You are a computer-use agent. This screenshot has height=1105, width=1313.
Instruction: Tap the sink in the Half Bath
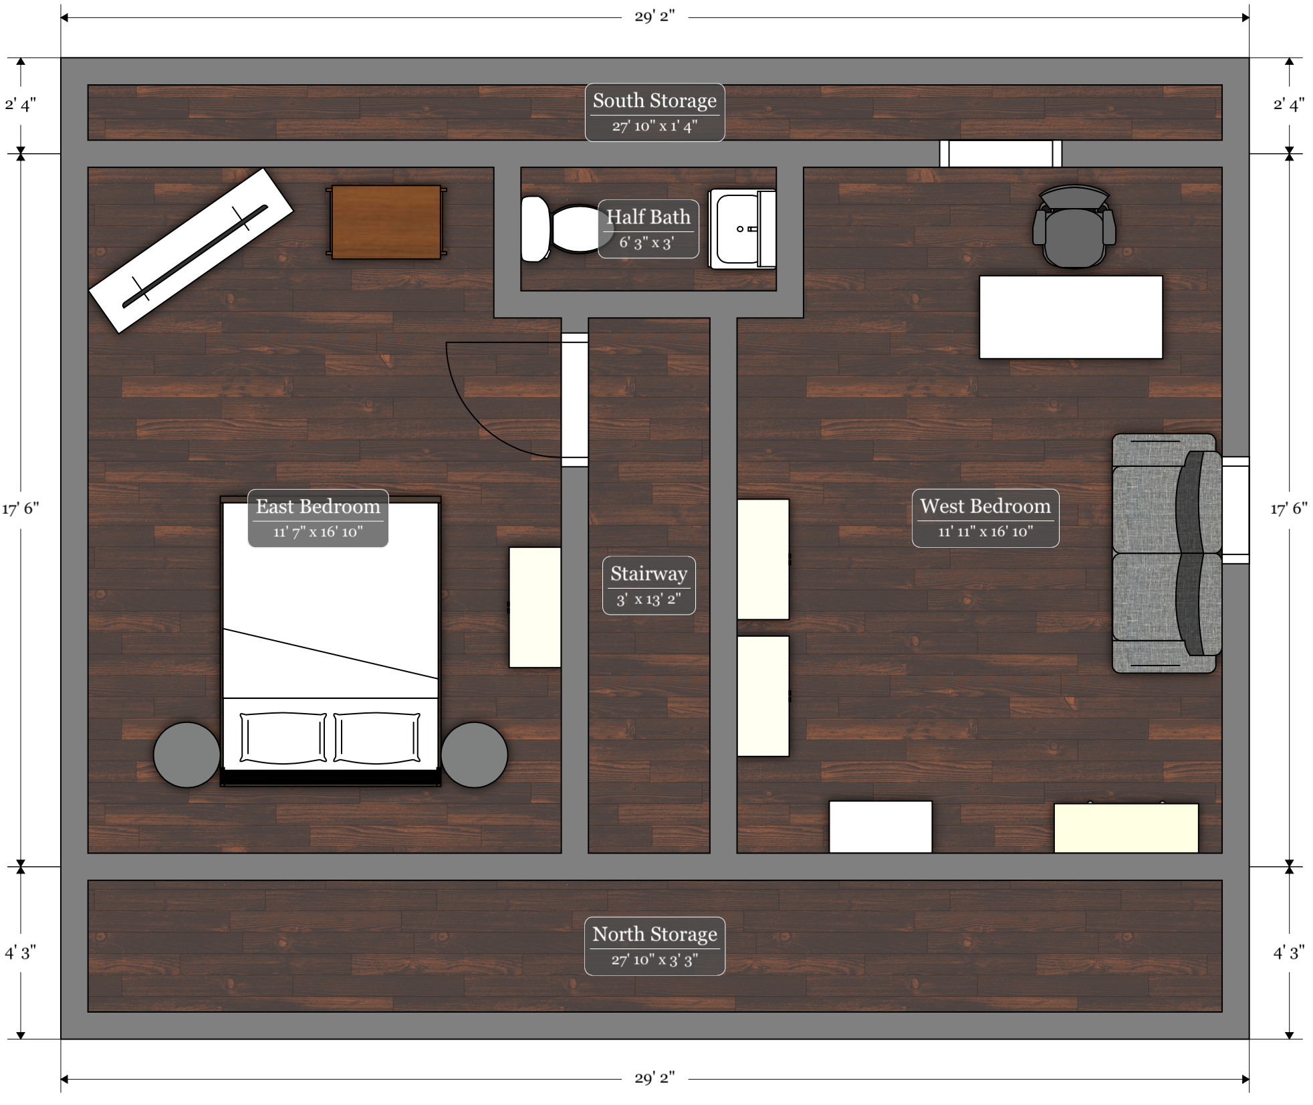pyautogui.click(x=743, y=229)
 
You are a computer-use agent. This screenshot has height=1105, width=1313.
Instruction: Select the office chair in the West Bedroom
pyautogui.click(x=1074, y=227)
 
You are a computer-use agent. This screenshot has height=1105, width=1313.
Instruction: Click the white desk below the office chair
pyautogui.click(x=1070, y=317)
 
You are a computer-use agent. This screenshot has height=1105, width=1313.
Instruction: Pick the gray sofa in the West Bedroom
pyautogui.click(x=1167, y=553)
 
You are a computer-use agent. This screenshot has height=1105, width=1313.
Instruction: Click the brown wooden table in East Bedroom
pyautogui.click(x=386, y=222)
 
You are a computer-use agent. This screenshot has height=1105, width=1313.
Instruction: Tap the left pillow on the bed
pyautogui.click(x=283, y=738)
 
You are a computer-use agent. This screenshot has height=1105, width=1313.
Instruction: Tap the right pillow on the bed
pyautogui.click(x=377, y=738)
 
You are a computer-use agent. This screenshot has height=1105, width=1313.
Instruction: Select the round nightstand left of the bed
pyautogui.click(x=187, y=755)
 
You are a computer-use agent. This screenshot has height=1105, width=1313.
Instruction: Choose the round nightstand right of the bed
pyautogui.click(x=475, y=755)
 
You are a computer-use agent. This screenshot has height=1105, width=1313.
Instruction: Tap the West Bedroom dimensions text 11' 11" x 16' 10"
pyautogui.click(x=985, y=532)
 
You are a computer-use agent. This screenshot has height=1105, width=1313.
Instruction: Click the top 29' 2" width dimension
pyautogui.click(x=655, y=17)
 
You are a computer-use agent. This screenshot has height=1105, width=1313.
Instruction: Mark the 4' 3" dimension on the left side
pyautogui.click(x=21, y=952)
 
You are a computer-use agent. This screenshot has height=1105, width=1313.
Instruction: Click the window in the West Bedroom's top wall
pyautogui.click(x=1001, y=154)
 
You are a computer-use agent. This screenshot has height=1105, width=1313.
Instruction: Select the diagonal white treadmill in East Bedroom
pyautogui.click(x=191, y=250)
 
